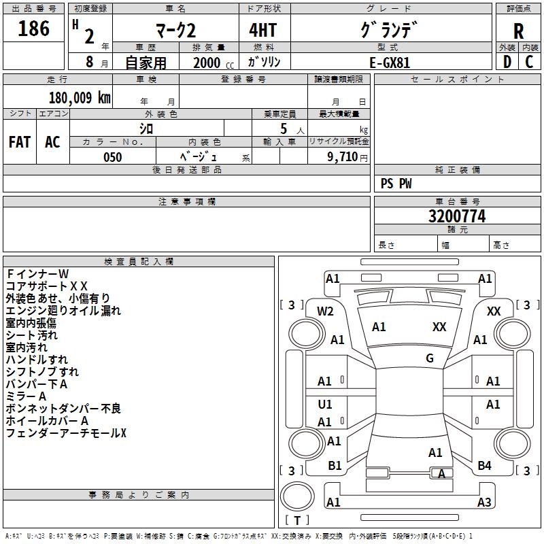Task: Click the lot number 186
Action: [33, 29]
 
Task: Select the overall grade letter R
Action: [518, 32]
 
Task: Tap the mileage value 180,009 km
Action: [80, 98]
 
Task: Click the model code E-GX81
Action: [390, 63]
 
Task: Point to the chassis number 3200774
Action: [457, 216]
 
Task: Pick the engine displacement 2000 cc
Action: [214, 63]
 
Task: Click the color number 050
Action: [113, 157]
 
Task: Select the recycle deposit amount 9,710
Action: [343, 157]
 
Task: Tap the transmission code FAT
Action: [20, 142]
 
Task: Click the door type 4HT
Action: [263, 30]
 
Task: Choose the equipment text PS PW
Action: [396, 184]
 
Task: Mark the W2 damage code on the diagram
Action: [325, 311]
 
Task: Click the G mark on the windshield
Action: [430, 358]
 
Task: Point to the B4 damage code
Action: [484, 465]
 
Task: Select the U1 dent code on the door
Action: [325, 404]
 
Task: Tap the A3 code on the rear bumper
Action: [484, 502]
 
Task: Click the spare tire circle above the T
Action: [297, 496]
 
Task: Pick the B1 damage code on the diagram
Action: [335, 465]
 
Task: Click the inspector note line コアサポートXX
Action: [47, 286]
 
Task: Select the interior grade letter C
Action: [529, 62]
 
